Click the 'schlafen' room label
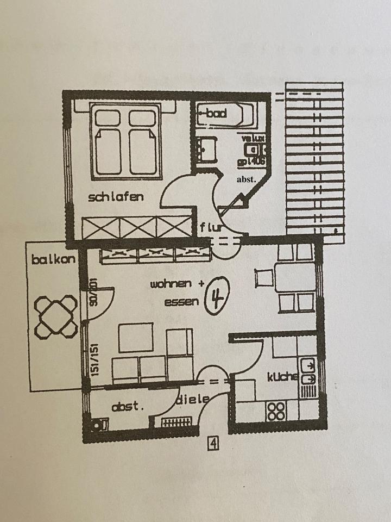(116, 197)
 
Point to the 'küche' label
(282, 377)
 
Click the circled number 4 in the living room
(217, 298)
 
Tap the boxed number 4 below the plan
(213, 444)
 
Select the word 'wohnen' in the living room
(170, 284)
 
